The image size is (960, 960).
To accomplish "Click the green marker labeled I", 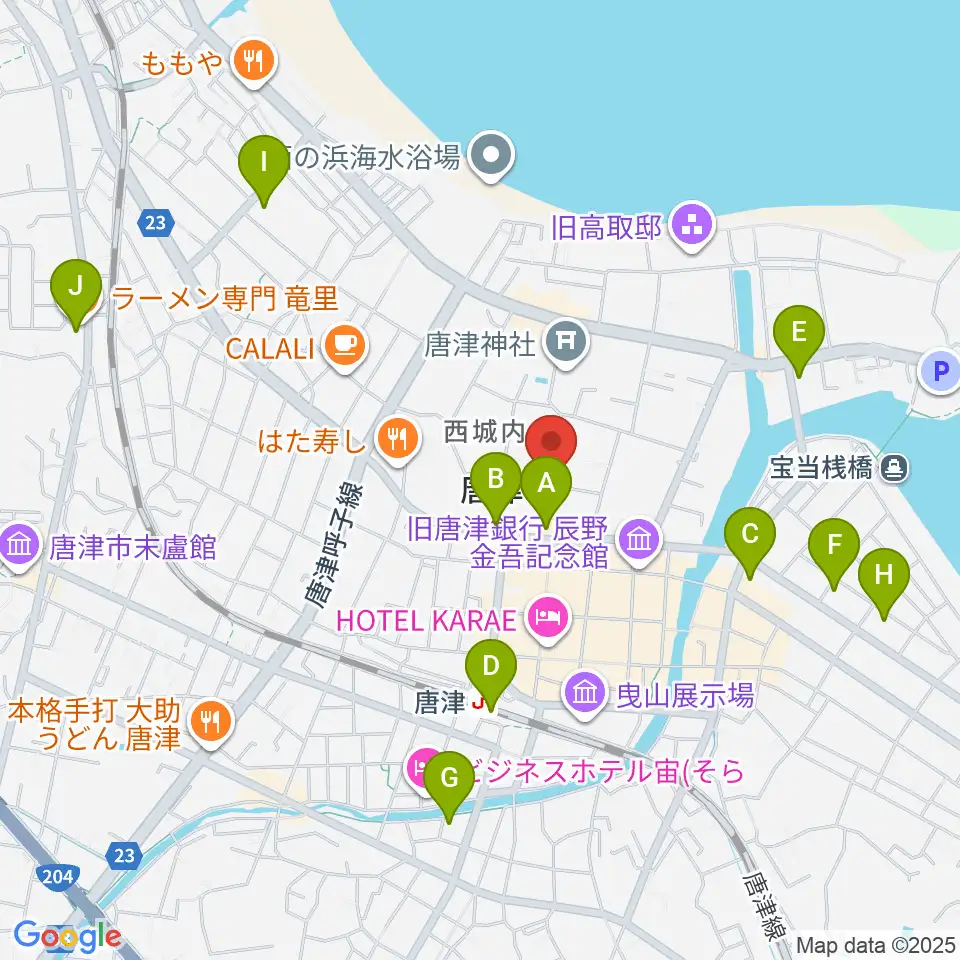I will [x=264, y=162].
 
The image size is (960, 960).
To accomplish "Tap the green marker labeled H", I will [x=884, y=576].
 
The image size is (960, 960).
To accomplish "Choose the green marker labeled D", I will [x=490, y=667].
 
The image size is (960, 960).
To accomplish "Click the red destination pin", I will [x=551, y=440].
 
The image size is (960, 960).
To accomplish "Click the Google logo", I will [x=67, y=936].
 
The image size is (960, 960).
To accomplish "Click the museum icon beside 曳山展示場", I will [x=584, y=693].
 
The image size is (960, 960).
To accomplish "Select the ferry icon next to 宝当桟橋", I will [x=893, y=465].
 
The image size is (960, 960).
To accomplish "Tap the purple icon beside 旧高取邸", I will [x=692, y=226].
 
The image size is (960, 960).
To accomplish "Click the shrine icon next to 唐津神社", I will [x=565, y=345].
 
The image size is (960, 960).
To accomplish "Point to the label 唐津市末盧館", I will [x=125, y=546].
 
